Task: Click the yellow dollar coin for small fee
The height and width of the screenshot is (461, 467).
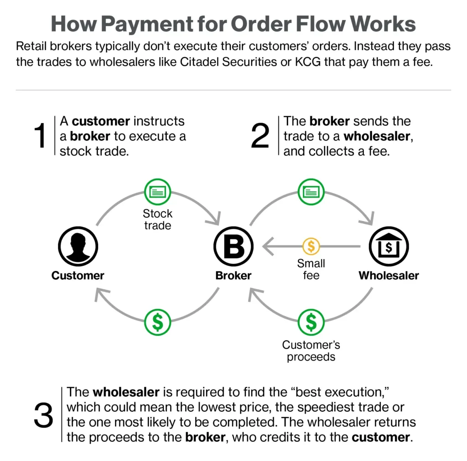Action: pyautogui.click(x=311, y=246)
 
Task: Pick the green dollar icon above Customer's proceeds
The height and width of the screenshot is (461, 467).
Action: pyautogui.click(x=311, y=322)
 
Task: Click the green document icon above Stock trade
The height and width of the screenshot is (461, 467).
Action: pyautogui.click(x=157, y=192)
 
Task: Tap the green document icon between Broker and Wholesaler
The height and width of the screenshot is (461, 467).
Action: pyautogui.click(x=311, y=192)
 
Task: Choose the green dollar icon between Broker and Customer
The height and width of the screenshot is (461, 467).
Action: pyautogui.click(x=157, y=322)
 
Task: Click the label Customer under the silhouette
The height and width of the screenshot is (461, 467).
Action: pyautogui.click(x=78, y=276)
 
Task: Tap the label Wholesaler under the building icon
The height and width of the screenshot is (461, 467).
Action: pyautogui.click(x=389, y=276)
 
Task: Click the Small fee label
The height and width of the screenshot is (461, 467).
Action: pyautogui.click(x=311, y=269)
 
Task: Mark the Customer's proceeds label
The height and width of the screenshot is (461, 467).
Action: pyautogui.click(x=311, y=351)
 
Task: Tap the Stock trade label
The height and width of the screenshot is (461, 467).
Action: pyautogui.click(x=157, y=219)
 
